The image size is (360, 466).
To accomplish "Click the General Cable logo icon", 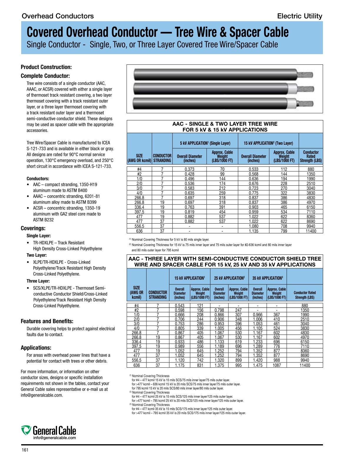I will [x=26, y=430].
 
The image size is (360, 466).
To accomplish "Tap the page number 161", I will [x=25, y=450].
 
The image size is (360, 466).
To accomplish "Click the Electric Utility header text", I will [x=299, y=16].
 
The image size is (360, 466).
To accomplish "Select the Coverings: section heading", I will [x=33, y=228].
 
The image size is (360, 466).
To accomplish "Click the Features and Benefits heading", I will [x=47, y=321].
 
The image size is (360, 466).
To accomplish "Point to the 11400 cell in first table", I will [x=311, y=231].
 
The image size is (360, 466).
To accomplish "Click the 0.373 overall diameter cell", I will [x=189, y=169].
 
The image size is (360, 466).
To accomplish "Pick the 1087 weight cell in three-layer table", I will [x=276, y=365].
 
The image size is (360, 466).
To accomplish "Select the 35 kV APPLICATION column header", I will [x=267, y=278].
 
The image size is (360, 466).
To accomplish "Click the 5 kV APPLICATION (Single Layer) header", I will [x=205, y=143].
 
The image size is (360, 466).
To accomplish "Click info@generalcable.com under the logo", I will [x=54, y=438].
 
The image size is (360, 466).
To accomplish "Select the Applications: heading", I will [x=36, y=348].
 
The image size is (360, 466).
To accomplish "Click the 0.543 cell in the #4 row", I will [x=179, y=306].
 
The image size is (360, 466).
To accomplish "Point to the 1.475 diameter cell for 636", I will [x=257, y=365].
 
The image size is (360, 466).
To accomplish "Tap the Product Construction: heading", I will [x=46, y=67].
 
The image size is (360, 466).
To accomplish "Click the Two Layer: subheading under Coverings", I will [x=36, y=255].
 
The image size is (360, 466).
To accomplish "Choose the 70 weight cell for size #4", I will [x=222, y=169].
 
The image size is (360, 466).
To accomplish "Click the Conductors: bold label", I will [x=38, y=179].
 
